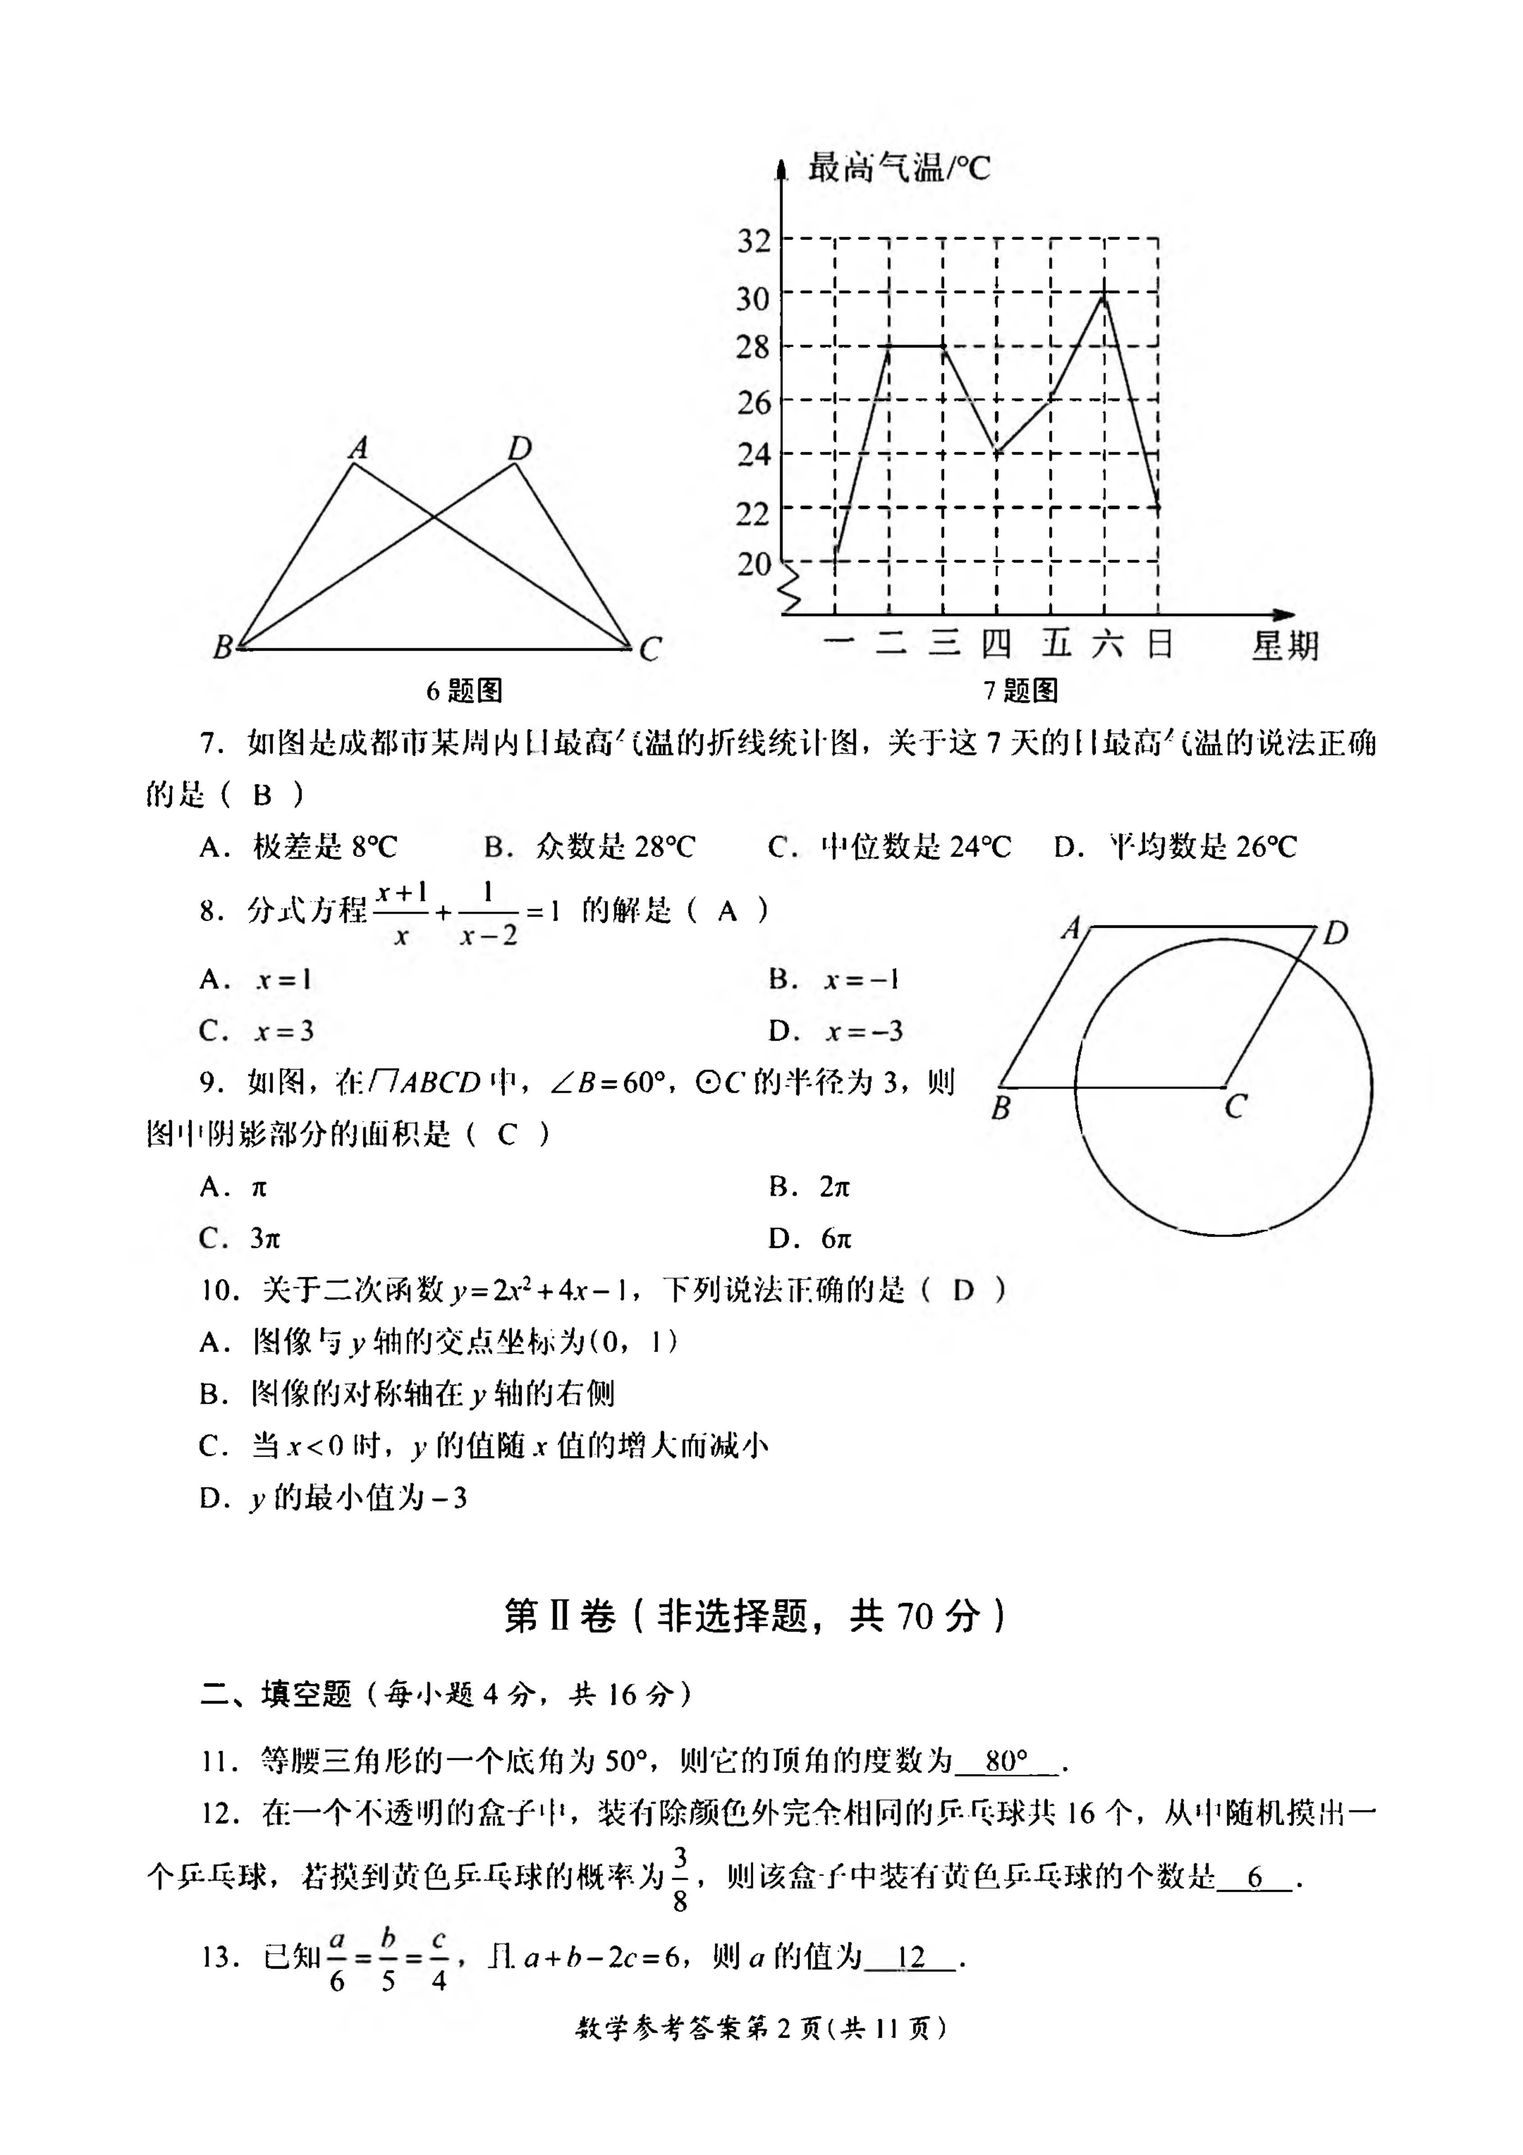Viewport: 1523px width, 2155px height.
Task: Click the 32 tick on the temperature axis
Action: (754, 240)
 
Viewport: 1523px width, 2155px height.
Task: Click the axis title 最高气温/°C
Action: (898, 168)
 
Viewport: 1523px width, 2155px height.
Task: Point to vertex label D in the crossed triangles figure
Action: (519, 449)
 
